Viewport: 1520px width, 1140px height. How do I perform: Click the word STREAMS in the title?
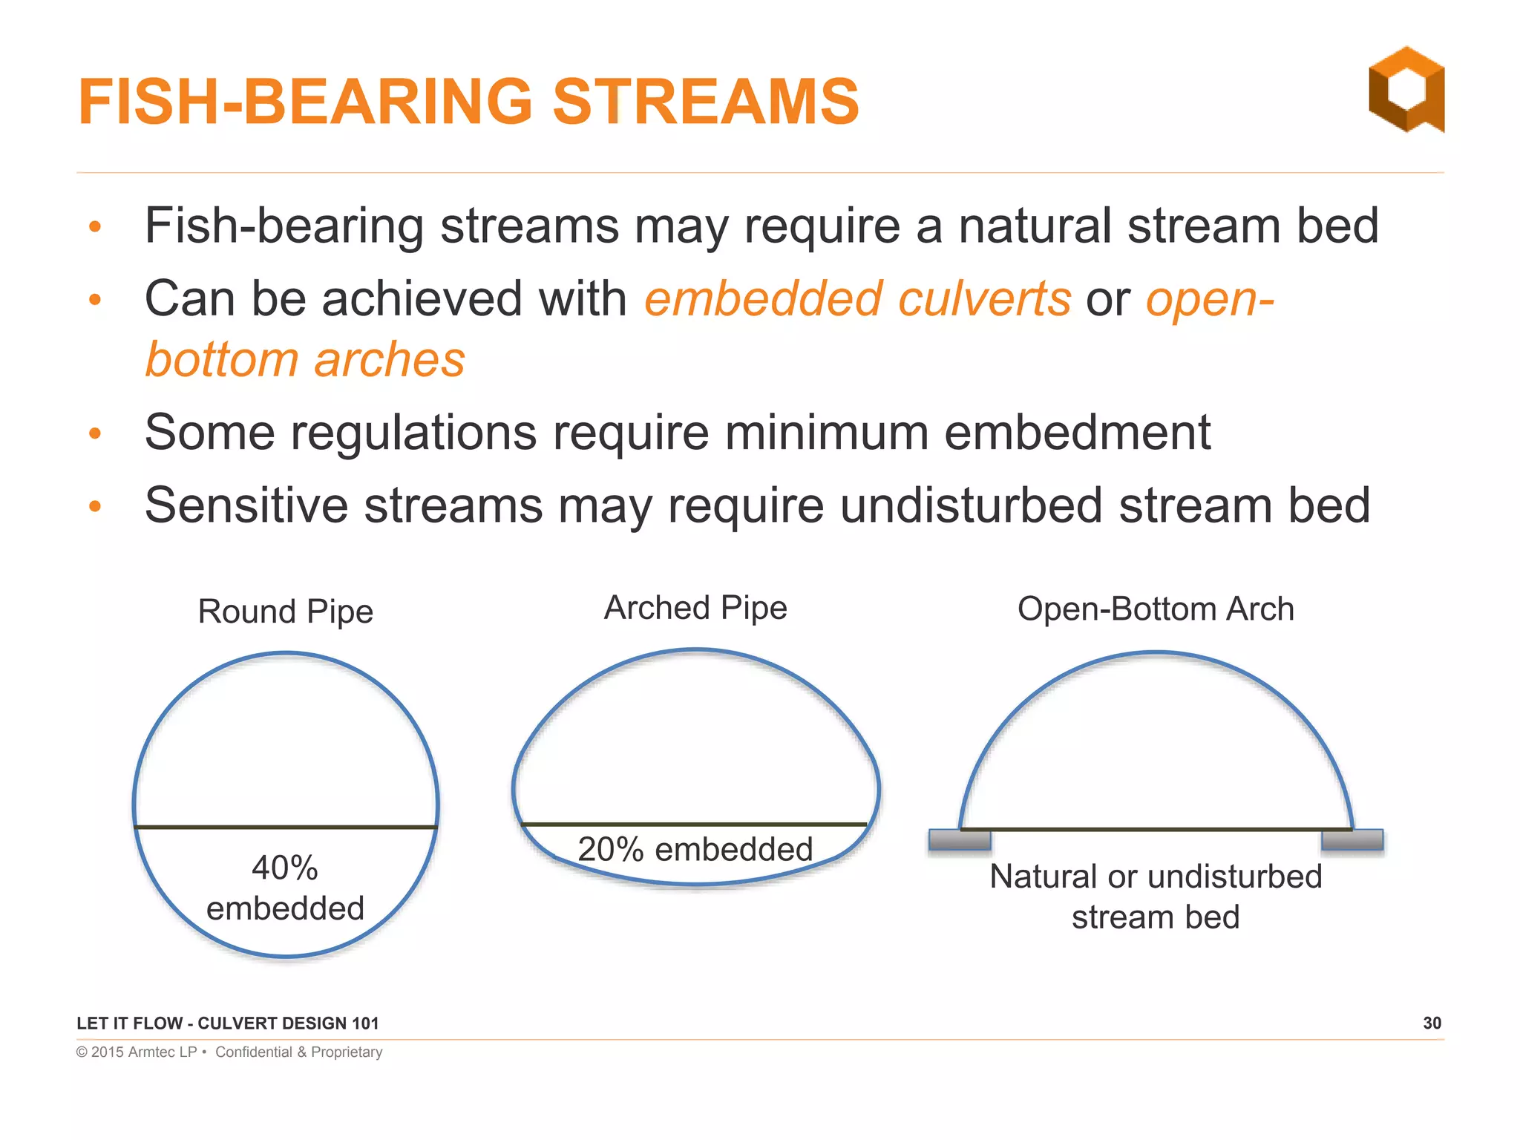705,102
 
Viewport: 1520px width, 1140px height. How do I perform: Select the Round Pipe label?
285,612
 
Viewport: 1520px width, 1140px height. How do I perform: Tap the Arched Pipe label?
695,608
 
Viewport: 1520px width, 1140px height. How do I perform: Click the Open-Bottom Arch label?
1156,609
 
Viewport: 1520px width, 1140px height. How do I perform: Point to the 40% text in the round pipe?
285,868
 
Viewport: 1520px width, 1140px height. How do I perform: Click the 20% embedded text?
695,849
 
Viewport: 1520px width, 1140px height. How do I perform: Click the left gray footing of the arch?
960,840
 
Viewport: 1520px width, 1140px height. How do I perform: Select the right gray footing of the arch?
1352,840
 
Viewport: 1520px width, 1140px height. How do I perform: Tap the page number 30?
1432,1023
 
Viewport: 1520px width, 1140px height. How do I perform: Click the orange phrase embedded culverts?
857,299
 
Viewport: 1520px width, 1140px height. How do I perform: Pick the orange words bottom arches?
305,360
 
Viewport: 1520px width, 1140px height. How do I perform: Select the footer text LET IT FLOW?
129,1023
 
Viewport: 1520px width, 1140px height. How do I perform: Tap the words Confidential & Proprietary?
298,1052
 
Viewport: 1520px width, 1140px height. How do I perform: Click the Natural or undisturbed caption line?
1156,877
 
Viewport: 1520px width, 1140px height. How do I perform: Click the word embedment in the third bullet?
1077,433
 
